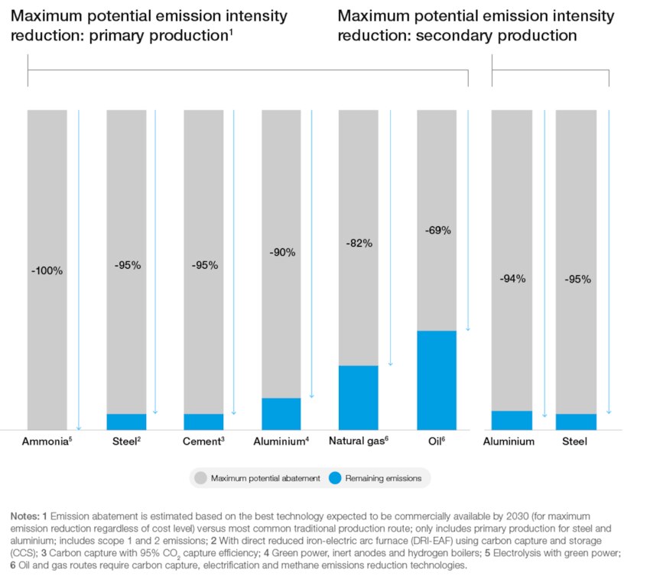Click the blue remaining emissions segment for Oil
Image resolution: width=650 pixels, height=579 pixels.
click(437, 380)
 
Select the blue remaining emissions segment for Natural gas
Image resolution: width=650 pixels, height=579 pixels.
click(358, 397)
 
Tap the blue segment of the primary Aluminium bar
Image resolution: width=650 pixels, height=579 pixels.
click(281, 413)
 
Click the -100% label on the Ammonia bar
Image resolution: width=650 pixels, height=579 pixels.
click(47, 270)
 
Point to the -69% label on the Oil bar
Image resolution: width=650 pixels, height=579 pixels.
click(437, 230)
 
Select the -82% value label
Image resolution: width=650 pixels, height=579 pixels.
click(358, 243)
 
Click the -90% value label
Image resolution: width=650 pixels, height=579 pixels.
click(281, 252)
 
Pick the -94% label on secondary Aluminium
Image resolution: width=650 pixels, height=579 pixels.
click(512, 279)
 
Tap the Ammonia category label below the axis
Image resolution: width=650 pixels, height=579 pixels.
click(47, 442)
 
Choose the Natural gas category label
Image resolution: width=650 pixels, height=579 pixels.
click(359, 442)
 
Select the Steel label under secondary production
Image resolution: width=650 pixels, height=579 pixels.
click(574, 442)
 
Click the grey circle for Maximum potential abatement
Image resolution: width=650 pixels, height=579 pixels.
click(200, 478)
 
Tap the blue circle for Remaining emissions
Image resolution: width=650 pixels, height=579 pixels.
click(335, 478)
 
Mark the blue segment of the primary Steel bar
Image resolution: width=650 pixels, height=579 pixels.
click(126, 422)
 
